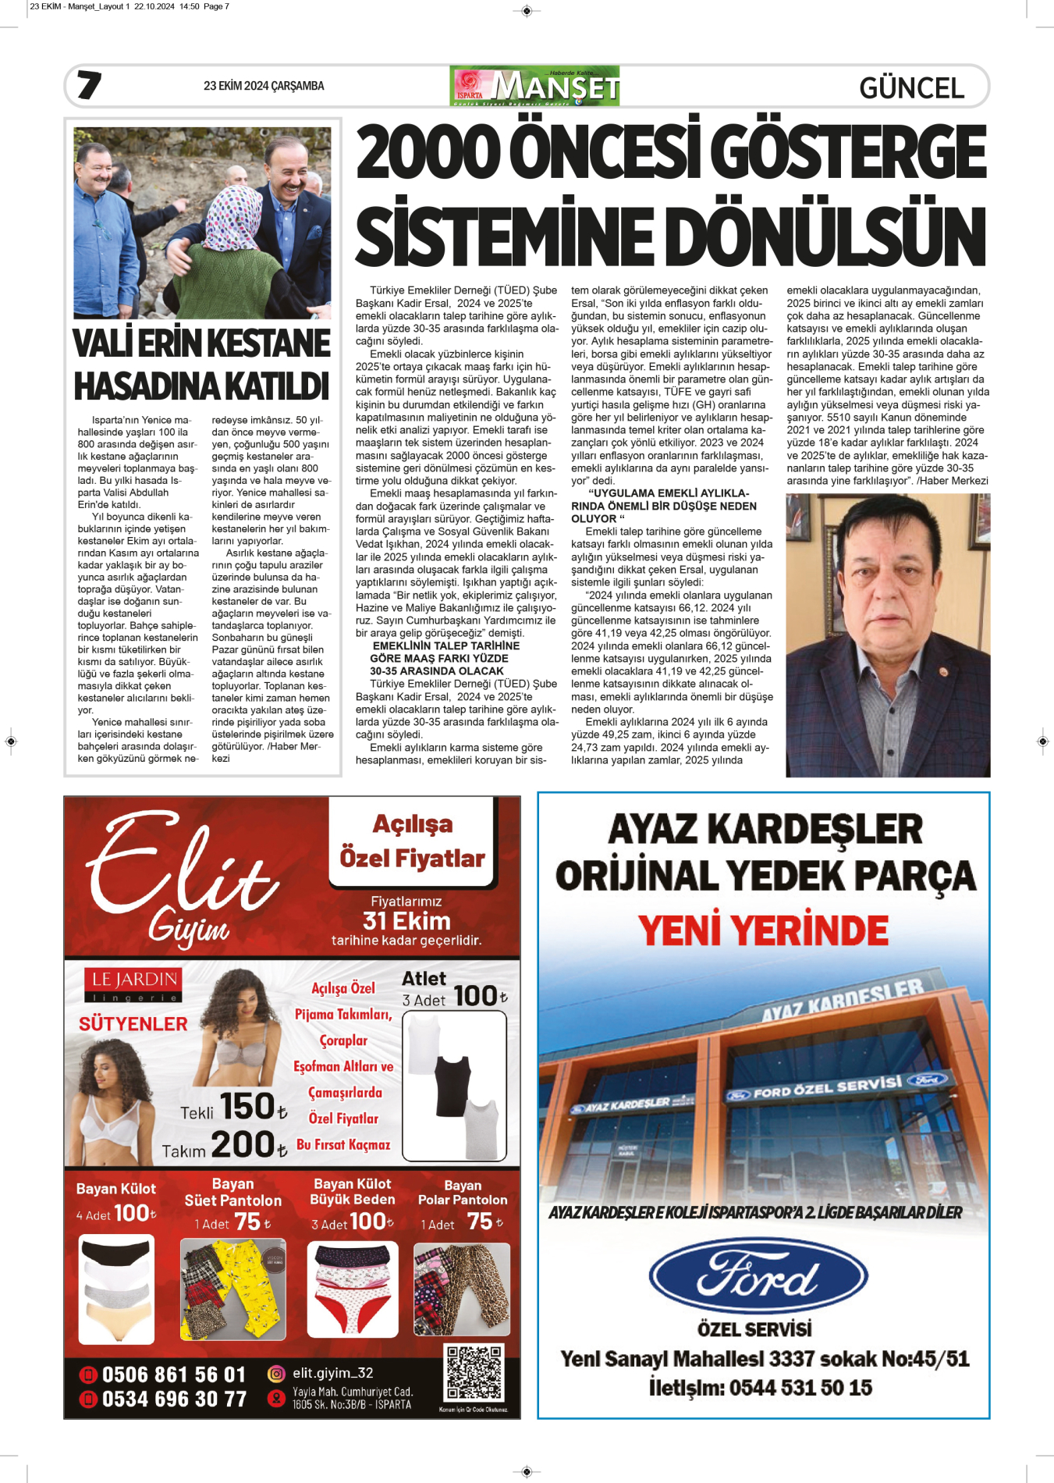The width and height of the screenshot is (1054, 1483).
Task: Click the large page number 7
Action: (89, 85)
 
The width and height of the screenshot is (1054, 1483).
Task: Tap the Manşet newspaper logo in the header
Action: (535, 86)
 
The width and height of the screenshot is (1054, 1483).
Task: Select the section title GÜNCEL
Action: (911, 87)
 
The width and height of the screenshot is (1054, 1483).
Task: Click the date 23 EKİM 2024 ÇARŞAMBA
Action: (264, 86)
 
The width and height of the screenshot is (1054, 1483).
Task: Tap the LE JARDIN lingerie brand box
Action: (133, 985)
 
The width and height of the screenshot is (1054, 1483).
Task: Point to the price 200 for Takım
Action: (243, 1145)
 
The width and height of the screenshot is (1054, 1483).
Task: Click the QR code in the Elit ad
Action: (474, 1373)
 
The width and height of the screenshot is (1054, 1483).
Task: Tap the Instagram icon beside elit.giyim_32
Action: (276, 1374)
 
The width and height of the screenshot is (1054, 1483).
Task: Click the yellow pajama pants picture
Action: (233, 1289)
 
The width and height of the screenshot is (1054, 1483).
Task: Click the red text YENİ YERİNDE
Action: (763, 930)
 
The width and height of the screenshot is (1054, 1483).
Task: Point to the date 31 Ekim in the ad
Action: (406, 921)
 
